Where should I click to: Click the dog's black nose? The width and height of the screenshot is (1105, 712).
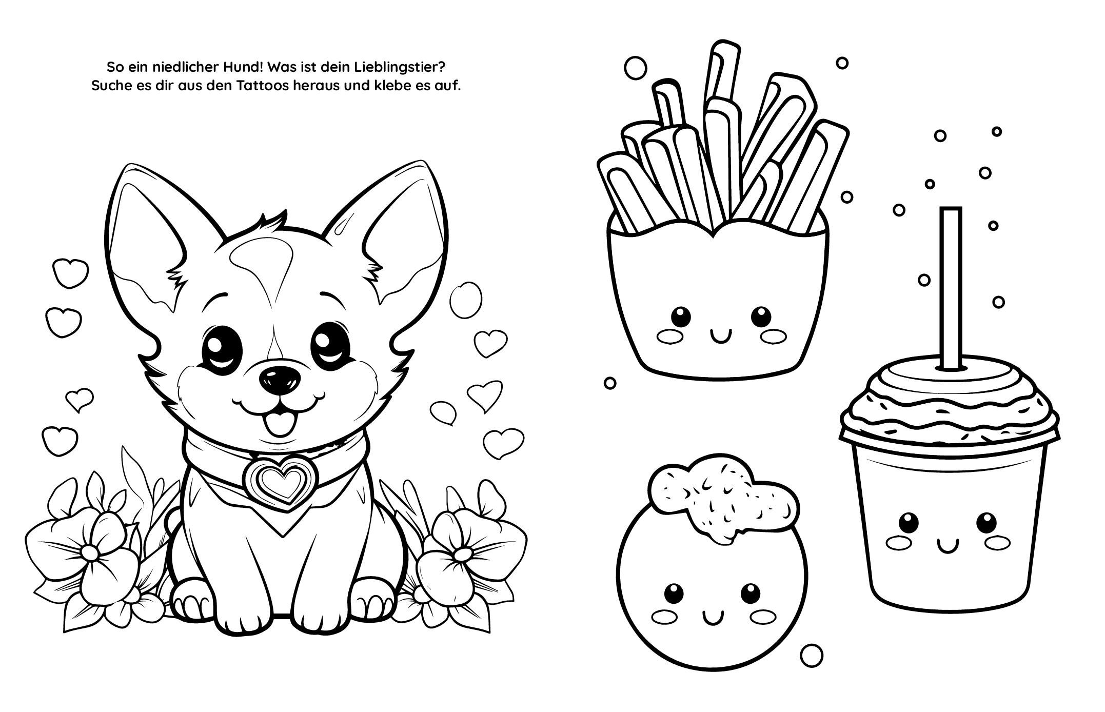(x=280, y=379)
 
